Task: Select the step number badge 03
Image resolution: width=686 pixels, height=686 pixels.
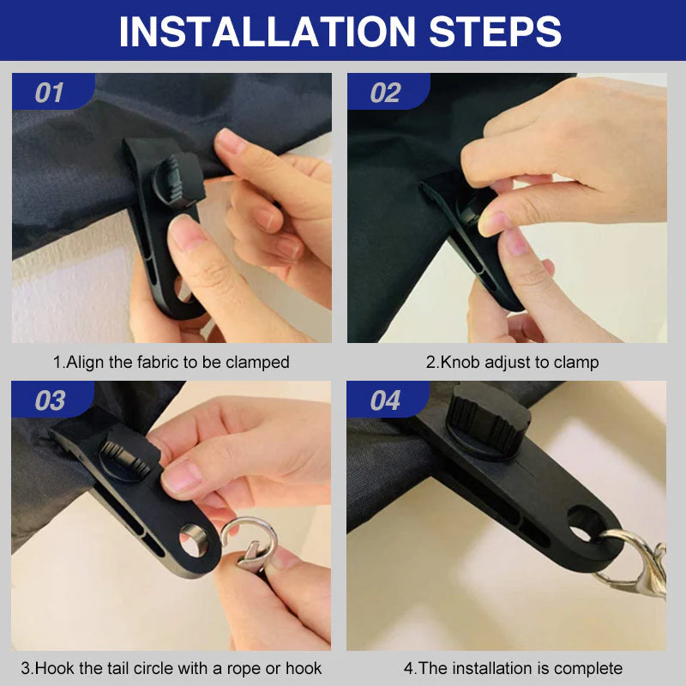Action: (x=50, y=400)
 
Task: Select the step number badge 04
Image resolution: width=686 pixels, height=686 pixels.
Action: (x=385, y=400)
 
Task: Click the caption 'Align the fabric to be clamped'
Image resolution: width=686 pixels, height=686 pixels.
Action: (x=171, y=362)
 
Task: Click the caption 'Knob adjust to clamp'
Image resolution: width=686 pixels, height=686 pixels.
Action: (x=513, y=362)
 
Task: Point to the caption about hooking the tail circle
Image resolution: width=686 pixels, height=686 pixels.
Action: (x=171, y=668)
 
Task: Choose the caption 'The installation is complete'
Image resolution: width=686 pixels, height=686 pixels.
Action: (x=513, y=668)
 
